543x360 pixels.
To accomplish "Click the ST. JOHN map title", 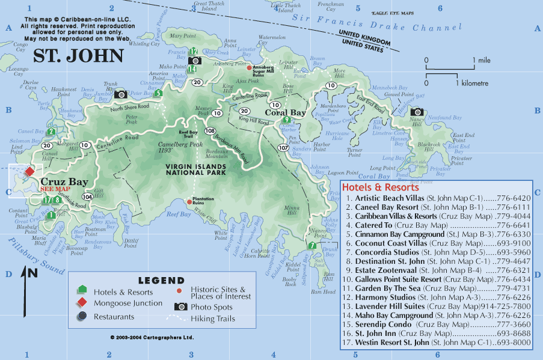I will [x=78, y=56].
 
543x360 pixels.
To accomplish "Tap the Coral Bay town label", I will [x=286, y=112].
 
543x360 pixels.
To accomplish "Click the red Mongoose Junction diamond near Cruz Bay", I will [x=29, y=171].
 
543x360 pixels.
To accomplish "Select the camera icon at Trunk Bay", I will [x=120, y=94].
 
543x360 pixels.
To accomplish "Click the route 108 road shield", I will [x=210, y=130].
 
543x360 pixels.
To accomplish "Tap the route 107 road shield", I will [x=283, y=147].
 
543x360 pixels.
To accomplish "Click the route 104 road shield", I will [x=88, y=197].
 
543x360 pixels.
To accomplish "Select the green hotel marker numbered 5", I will [x=158, y=93].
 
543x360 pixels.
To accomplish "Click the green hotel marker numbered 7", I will [x=311, y=245].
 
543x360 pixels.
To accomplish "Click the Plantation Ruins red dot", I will [x=189, y=201].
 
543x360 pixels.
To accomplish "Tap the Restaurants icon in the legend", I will [x=82, y=317].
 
